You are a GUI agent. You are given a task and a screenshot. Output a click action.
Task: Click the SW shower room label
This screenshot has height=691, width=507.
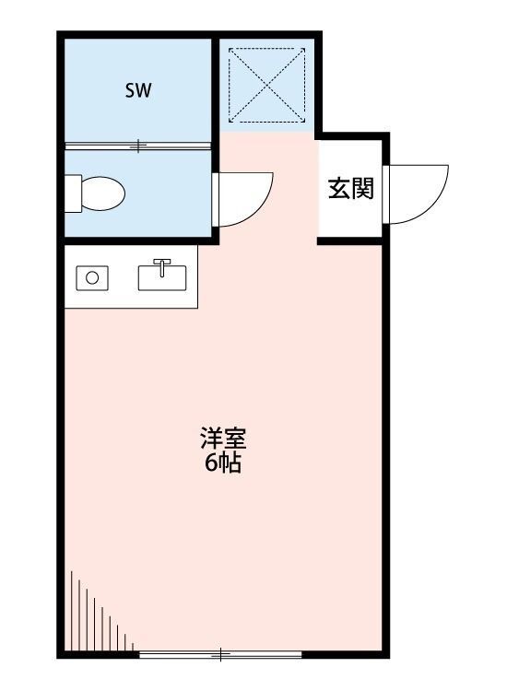pyautogui.click(x=138, y=90)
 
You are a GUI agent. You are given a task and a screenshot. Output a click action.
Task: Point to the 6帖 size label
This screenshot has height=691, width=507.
pyautogui.click(x=222, y=463)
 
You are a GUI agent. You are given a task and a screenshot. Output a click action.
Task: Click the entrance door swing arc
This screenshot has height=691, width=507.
pyautogui.click(x=419, y=193)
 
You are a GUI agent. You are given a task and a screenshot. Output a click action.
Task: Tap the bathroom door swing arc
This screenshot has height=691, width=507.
pyautogui.click(x=245, y=199)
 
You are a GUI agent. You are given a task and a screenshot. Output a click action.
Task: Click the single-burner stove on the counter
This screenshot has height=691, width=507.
pyautogui.click(x=91, y=276)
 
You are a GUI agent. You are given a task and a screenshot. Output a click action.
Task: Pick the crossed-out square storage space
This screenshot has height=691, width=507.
pyautogui.click(x=267, y=84)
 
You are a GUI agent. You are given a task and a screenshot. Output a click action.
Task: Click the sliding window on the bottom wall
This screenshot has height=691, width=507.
pyautogui.click(x=220, y=654)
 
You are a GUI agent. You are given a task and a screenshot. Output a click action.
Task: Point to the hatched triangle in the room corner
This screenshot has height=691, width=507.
pyautogui.click(x=92, y=617)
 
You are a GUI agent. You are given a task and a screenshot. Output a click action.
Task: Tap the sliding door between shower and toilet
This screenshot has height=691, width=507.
pyautogui.click(x=138, y=145)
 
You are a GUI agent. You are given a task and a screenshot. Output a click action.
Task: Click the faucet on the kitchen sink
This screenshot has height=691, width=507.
pyautogui.click(x=162, y=267)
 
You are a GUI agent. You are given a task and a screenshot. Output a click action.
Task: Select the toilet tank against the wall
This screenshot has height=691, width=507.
pyautogui.click(x=73, y=194)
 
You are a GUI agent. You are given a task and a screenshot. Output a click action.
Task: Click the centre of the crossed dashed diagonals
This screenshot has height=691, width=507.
pyautogui.click(x=267, y=84)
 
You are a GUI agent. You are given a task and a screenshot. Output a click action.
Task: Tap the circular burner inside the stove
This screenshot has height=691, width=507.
pyautogui.click(x=91, y=276)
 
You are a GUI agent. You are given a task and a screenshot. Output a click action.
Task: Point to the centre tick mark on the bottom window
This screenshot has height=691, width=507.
pyautogui.click(x=221, y=654)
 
